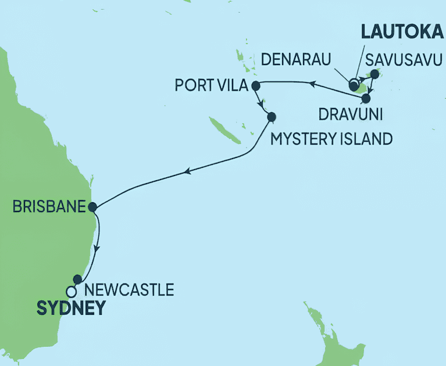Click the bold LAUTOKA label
[x=398, y=33]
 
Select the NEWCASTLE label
[x=129, y=289]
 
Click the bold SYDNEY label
[x=72, y=307]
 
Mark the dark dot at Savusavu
[x=374, y=74]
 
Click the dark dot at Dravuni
[x=366, y=98]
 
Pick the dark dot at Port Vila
[x=255, y=87]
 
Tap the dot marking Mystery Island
[x=271, y=116]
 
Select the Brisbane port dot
[x=92, y=206]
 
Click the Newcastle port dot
[x=77, y=279]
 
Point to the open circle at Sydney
[x=71, y=291]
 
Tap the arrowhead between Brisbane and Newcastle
[x=97, y=247]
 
